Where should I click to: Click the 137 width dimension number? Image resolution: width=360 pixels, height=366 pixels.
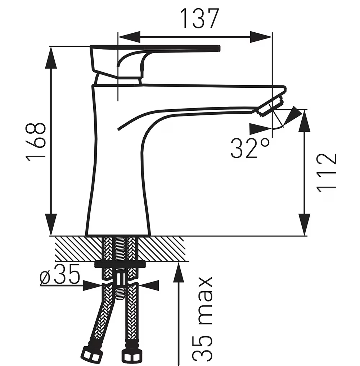click(200, 19)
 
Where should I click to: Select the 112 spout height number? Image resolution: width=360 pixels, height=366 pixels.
click(327, 173)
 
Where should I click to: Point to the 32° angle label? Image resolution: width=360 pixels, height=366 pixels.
click(250, 148)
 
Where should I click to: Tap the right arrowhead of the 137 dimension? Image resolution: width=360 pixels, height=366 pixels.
click(261, 37)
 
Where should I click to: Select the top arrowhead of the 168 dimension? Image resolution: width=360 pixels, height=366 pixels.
click(51, 58)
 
